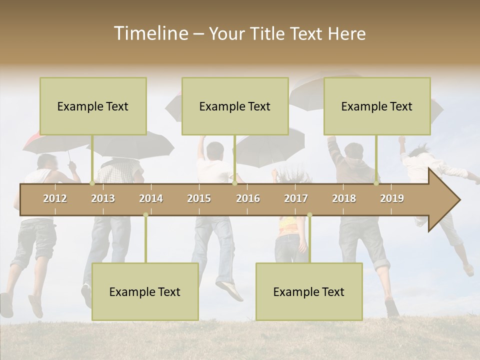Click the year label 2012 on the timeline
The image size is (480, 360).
(55, 198)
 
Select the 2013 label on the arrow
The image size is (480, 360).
(103, 198)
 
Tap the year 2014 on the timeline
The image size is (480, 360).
(151, 198)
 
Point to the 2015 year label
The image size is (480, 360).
(199, 198)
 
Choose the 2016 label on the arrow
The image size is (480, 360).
(248, 198)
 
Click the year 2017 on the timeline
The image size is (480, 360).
(296, 198)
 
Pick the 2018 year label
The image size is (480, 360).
(344, 198)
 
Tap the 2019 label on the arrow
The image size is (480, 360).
(392, 198)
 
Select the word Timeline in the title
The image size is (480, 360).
(150, 33)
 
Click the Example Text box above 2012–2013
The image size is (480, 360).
(93, 106)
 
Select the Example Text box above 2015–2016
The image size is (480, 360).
(235, 106)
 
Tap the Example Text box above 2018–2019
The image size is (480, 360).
(377, 106)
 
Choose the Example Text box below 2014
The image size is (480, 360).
(145, 291)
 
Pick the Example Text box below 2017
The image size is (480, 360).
(309, 291)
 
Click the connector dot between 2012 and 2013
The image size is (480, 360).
(92, 183)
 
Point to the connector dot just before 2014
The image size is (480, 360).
(145, 215)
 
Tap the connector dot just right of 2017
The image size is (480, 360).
(309, 215)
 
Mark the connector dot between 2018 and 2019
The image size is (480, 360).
(376, 183)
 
